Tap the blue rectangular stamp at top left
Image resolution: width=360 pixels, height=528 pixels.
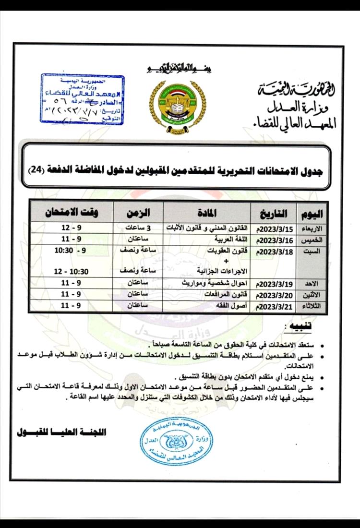click(x=82, y=99)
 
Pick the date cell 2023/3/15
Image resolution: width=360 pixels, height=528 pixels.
click(x=274, y=228)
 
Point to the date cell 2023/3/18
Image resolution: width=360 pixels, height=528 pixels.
click(x=274, y=252)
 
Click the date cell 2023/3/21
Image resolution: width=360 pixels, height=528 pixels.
click(x=274, y=306)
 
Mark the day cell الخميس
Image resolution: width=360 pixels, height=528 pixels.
click(x=311, y=239)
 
